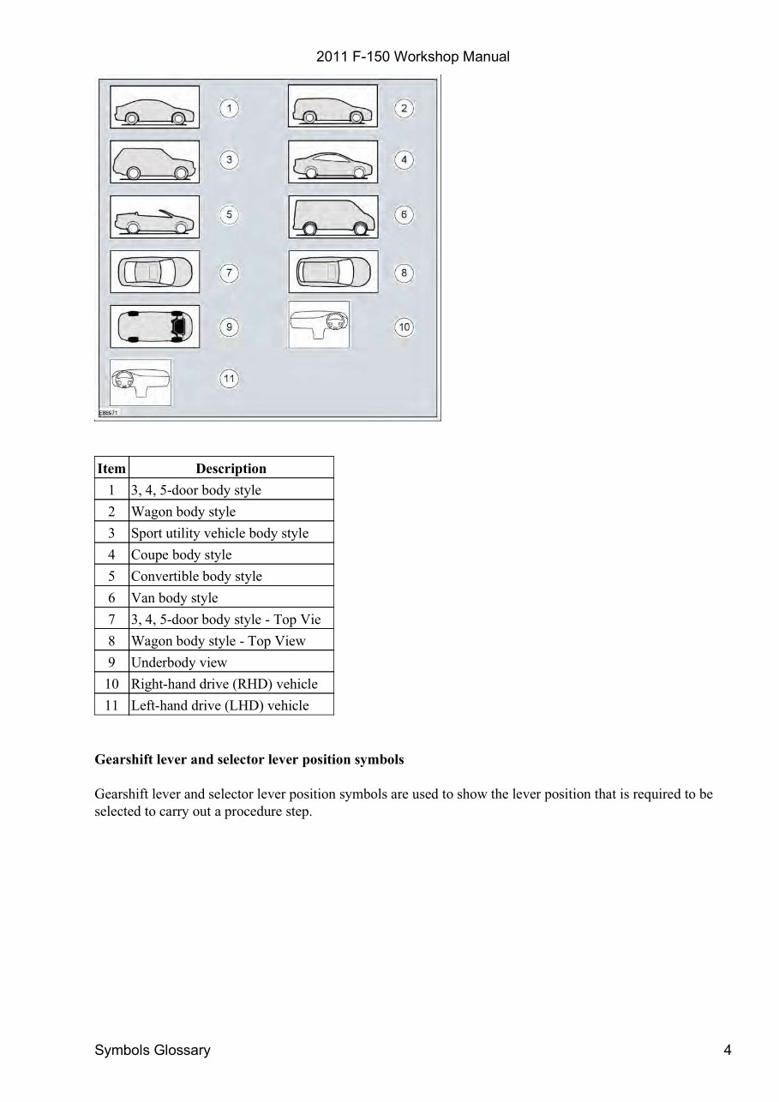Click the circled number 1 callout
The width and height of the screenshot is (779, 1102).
tap(229, 108)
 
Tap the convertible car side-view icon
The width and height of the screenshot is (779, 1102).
tap(154, 217)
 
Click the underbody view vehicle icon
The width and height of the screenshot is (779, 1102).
tap(154, 326)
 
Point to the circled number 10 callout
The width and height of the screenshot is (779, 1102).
tap(404, 326)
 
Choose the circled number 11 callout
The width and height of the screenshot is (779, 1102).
tap(229, 379)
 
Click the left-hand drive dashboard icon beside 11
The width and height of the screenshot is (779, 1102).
tap(141, 381)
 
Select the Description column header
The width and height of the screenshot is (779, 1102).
tap(231, 469)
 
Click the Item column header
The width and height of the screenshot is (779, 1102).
tap(111, 469)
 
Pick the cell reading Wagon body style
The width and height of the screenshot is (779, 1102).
tap(183, 512)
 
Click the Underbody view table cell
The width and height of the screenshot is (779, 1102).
tap(179, 662)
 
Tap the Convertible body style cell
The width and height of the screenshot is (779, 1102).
tap(196, 576)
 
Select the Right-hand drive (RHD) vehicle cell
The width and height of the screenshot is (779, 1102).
tap(224, 684)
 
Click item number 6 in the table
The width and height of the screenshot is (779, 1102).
tap(111, 598)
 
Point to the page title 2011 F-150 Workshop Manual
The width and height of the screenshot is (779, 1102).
tap(413, 57)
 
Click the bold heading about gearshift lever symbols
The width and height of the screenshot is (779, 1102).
tap(249, 760)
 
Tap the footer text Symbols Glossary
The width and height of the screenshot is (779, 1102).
tap(152, 1051)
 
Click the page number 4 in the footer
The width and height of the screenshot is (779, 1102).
tap(727, 1051)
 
